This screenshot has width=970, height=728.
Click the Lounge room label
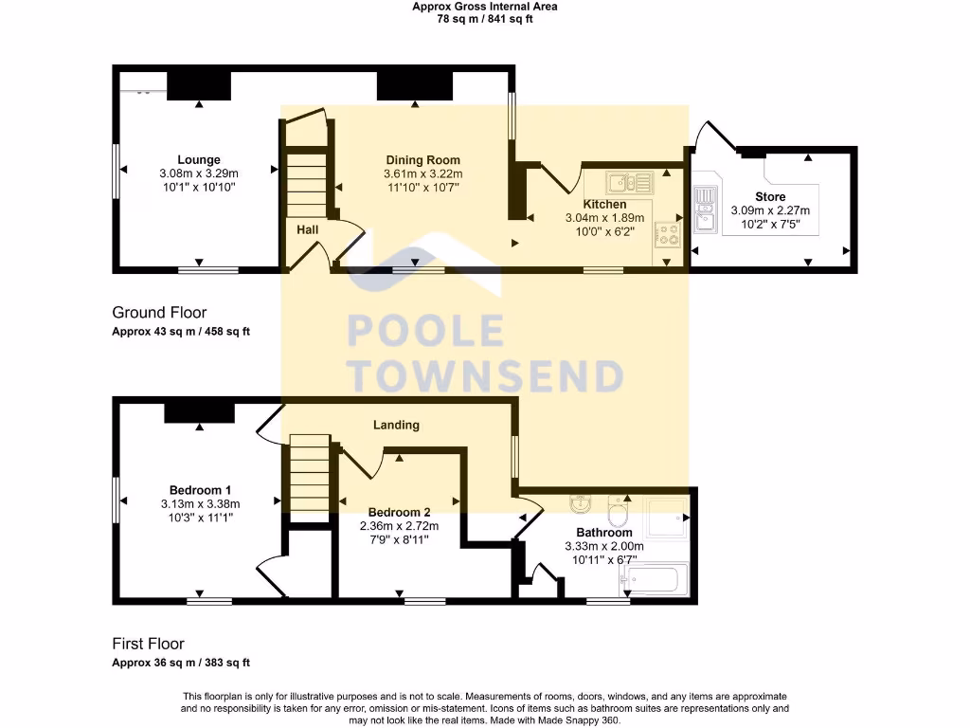199,160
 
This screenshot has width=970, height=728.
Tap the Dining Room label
422,160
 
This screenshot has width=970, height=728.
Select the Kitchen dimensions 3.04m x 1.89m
604,217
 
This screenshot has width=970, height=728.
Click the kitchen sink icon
627,182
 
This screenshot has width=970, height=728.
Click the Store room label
771,197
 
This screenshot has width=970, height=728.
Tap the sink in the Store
705,210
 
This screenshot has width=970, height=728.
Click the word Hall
308,230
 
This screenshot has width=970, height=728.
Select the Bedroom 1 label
201,490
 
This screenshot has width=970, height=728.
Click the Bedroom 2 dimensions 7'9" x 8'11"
399,539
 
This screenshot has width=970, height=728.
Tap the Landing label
396,426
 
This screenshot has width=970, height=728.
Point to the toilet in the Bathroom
618,512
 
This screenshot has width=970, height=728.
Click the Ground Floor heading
159,313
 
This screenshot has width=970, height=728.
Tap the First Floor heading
148,644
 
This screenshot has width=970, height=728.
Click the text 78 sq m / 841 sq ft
485,18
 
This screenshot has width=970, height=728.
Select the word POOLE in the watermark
426,331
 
